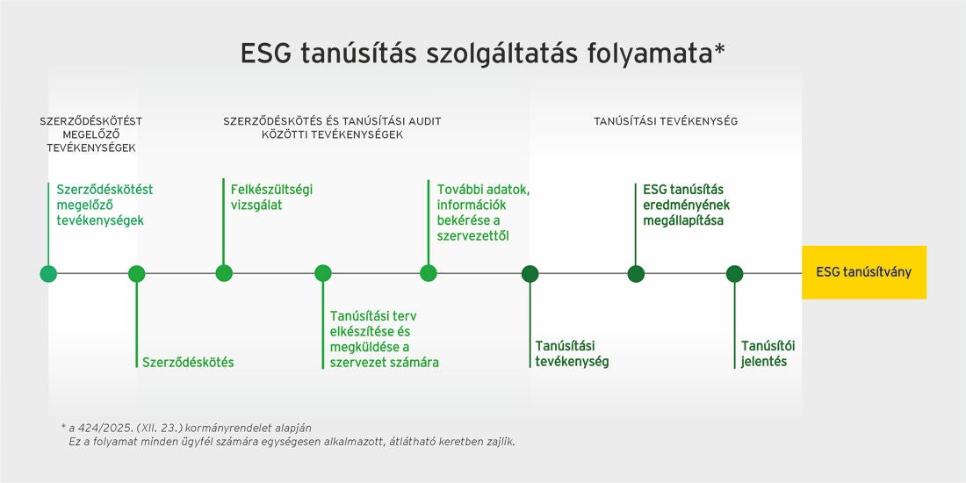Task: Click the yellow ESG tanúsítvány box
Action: pos(864,272)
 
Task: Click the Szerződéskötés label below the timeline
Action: pos(188,362)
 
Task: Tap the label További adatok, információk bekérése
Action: pos(483,212)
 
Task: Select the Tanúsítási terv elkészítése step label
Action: pos(384,338)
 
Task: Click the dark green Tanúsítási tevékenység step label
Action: pos(572,353)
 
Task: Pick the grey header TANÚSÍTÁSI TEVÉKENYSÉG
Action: pos(666,121)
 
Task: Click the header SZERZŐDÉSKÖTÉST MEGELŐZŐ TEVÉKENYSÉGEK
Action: pos(91,134)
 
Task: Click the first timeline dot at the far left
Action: pos(48,273)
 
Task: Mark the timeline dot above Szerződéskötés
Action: pos(136,273)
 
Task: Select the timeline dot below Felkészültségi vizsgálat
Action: pos(224,273)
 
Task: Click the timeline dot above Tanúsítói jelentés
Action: pos(734,273)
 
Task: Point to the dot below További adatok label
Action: pos(429,273)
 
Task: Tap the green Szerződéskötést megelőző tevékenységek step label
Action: pos(104,205)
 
